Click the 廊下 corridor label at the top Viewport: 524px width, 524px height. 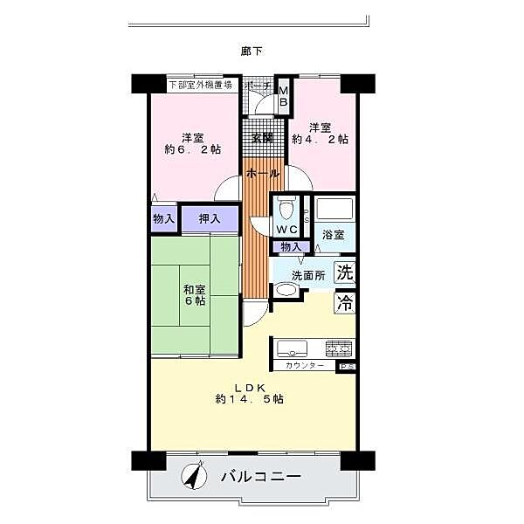pyautogui.click(x=252, y=51)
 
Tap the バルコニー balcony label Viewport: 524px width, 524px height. pyautogui.click(x=260, y=478)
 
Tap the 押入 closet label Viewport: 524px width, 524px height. pyautogui.click(x=209, y=218)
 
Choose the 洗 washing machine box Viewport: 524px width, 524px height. pyautogui.click(x=345, y=271)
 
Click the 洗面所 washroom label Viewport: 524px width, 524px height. pyautogui.click(x=307, y=275)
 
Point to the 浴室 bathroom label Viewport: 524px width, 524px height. pyautogui.click(x=333, y=235)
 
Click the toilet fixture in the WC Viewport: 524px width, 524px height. pyautogui.click(x=286, y=209)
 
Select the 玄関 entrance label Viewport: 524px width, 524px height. pyautogui.click(x=262, y=137)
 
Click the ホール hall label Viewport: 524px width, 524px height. pyautogui.click(x=262, y=174)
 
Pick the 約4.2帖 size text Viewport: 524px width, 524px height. pyautogui.click(x=320, y=139)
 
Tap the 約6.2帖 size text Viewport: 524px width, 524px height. pyautogui.click(x=193, y=148)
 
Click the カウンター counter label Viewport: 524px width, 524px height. pyautogui.click(x=305, y=365)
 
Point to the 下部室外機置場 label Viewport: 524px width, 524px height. pyautogui.click(x=200, y=85)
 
